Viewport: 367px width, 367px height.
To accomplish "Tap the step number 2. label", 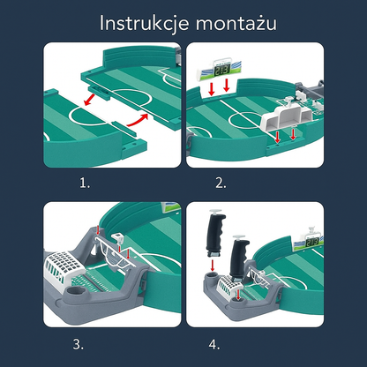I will [221, 184].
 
